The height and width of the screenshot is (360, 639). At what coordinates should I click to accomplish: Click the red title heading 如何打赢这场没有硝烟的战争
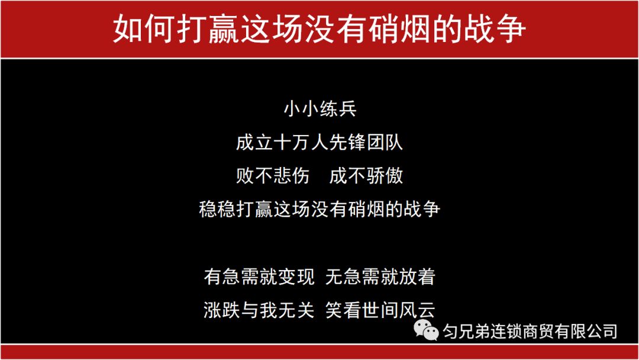tap(319, 28)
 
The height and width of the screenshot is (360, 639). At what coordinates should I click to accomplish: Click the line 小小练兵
tap(319, 110)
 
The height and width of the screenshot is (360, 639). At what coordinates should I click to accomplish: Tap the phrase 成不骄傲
tap(366, 176)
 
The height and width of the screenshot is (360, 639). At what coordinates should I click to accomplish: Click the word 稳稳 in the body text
tap(216, 209)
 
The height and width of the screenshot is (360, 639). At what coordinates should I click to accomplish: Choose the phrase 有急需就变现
tap(259, 277)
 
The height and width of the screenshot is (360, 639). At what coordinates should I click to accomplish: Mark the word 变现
tap(297, 277)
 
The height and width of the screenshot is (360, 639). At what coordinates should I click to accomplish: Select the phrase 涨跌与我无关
tap(259, 310)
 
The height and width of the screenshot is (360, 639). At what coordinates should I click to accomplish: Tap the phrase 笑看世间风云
tap(380, 310)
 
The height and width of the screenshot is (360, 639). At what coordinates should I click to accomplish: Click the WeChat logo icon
tap(426, 330)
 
